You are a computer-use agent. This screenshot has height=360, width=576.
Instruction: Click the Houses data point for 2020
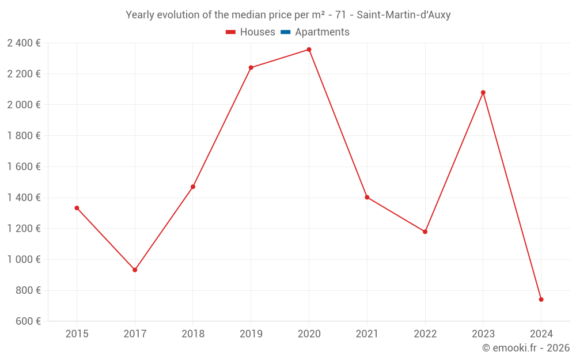point(309,50)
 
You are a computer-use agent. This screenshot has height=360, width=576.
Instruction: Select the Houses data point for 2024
point(541,300)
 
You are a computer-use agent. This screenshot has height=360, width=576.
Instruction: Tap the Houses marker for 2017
point(135,270)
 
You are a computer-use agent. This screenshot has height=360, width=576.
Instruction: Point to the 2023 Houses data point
point(483,92)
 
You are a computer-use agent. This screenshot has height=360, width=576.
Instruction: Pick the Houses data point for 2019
point(251,67)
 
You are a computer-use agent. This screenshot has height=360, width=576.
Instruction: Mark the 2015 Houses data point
point(77,208)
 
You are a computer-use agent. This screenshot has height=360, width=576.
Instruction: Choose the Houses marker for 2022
point(425,232)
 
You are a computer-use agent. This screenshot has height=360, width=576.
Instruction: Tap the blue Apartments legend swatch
point(285,32)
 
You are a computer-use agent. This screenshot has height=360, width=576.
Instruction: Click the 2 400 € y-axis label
point(24,43)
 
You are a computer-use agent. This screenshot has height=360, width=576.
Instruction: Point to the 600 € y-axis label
point(27,321)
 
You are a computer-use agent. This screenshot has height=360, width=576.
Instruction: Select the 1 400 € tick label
point(24,198)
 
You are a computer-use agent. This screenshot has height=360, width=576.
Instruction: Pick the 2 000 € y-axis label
point(24,105)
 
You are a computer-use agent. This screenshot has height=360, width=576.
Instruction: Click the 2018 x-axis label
point(193,334)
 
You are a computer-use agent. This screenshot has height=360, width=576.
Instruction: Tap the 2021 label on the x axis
point(367,334)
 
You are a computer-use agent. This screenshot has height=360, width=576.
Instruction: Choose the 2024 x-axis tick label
point(541,334)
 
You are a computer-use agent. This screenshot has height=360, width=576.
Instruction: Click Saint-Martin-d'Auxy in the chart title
point(405,15)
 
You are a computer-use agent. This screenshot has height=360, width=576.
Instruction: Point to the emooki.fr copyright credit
point(526,348)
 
